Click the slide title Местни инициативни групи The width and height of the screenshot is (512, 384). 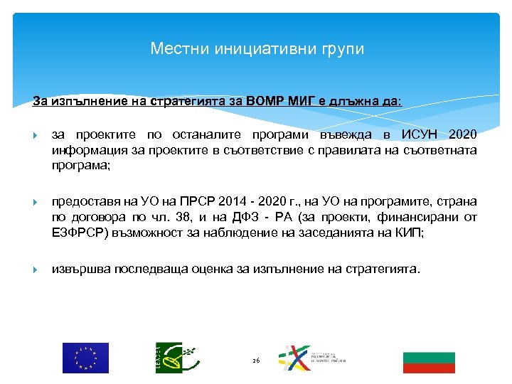click(257, 49)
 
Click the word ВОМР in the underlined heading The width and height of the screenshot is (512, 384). click(263, 101)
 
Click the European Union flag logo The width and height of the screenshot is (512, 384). click(85, 358)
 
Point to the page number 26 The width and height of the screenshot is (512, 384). click(256, 361)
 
